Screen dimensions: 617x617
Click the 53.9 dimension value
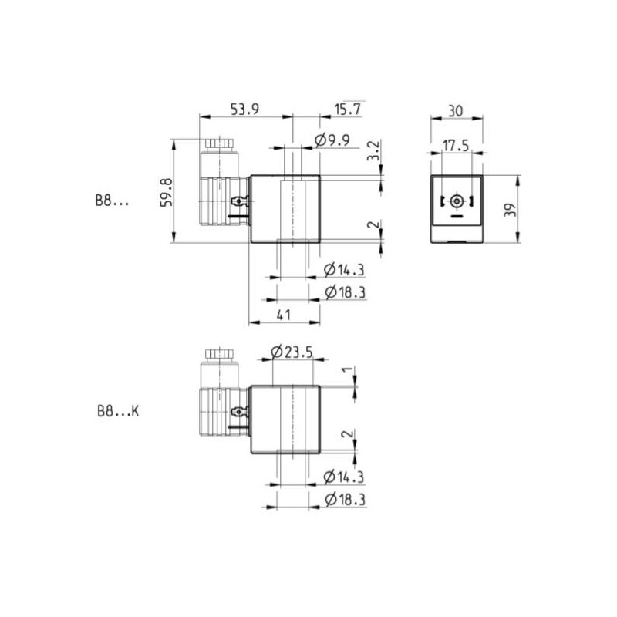244,110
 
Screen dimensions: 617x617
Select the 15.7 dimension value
347,110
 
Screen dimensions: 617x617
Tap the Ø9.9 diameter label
332,140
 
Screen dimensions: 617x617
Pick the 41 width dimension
283,315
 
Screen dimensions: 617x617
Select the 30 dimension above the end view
455,110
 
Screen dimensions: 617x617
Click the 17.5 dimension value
456,145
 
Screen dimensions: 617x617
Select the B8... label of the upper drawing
113,202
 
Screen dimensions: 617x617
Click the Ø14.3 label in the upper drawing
344,269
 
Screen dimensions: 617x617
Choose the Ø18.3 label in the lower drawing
344,501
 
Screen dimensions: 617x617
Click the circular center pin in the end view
457,201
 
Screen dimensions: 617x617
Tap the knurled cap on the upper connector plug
219,144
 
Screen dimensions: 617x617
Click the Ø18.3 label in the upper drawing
344,292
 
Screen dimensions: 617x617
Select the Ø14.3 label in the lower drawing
344,477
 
